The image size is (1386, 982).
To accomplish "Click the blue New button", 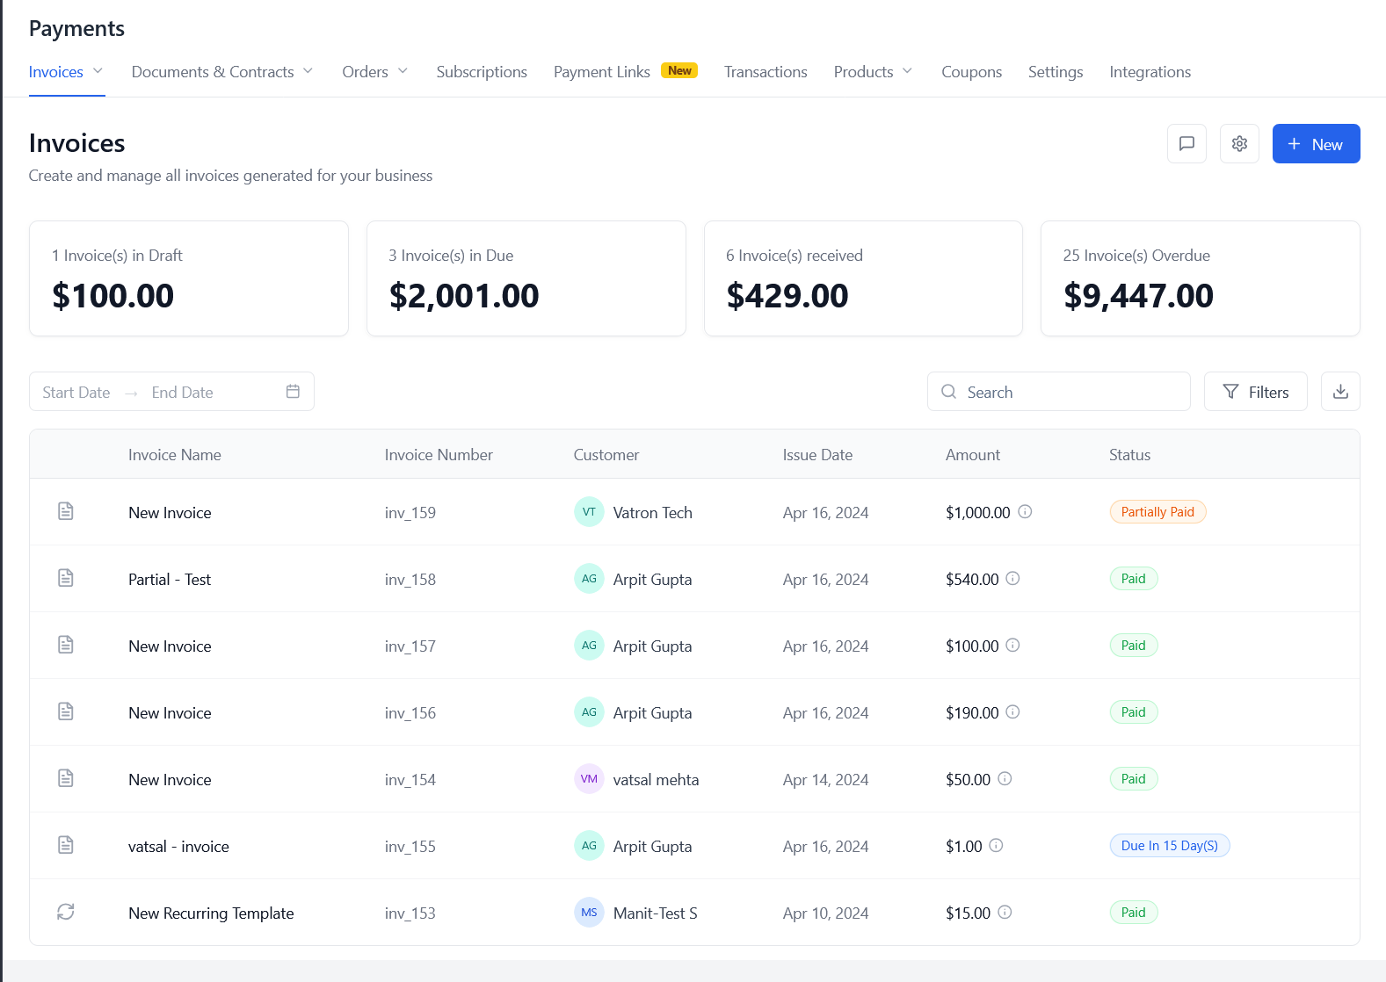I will click(1316, 144).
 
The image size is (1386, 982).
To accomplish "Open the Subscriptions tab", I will click(482, 72).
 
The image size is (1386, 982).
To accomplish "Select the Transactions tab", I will click(766, 72).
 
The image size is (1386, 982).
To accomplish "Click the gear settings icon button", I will click(1239, 144).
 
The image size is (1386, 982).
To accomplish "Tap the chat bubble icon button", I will click(1186, 144).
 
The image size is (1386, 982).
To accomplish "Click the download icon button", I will click(1340, 392).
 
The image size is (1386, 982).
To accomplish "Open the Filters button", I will click(1255, 392).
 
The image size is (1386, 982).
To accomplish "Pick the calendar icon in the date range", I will click(293, 392).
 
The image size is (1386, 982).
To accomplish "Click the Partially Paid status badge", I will click(1157, 512).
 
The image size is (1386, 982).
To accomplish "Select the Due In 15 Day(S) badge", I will click(1169, 846).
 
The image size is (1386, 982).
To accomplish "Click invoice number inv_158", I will click(410, 580).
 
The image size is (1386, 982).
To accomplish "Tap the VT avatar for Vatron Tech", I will click(589, 512).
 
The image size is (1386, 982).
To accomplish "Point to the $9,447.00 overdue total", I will click(1138, 296).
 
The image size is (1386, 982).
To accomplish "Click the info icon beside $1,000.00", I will click(1025, 512).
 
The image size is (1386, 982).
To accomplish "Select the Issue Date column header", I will click(817, 455).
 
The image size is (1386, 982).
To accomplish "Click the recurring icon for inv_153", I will click(66, 912).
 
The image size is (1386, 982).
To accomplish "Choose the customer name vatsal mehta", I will click(656, 780).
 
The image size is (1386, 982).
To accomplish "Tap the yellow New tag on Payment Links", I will click(679, 70).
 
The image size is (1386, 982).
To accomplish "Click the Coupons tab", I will click(971, 72).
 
